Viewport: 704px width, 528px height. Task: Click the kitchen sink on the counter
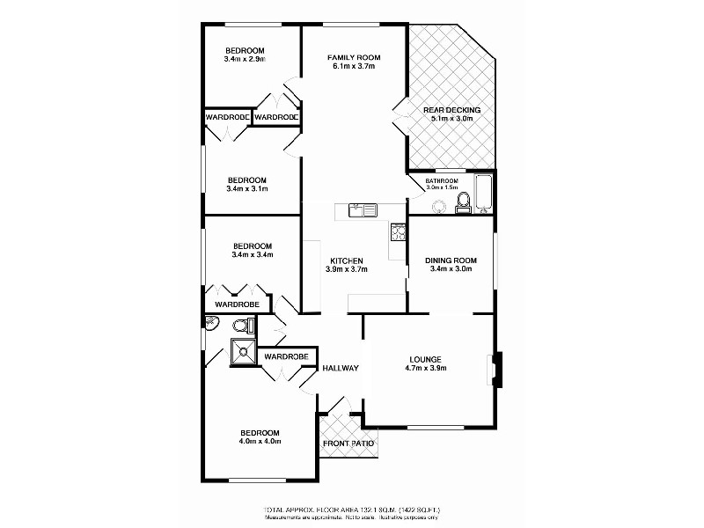[362, 209]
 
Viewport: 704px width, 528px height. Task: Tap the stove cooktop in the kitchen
[398, 232]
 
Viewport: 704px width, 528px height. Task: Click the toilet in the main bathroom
[462, 205]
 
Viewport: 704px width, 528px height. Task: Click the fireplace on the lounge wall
[496, 369]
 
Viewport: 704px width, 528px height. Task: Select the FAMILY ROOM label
[353, 55]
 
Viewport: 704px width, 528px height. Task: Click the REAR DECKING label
[451, 110]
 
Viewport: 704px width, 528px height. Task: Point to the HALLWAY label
[340, 368]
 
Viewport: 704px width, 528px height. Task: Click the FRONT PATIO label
[348, 444]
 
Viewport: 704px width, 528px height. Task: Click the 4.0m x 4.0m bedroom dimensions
[260, 442]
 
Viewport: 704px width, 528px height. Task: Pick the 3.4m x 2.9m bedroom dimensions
[246, 59]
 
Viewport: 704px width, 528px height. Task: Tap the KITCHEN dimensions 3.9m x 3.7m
[346, 270]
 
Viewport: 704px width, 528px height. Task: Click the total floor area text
[351, 510]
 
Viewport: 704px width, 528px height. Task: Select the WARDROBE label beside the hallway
[285, 356]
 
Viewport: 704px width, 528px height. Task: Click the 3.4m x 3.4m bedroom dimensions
[253, 255]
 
